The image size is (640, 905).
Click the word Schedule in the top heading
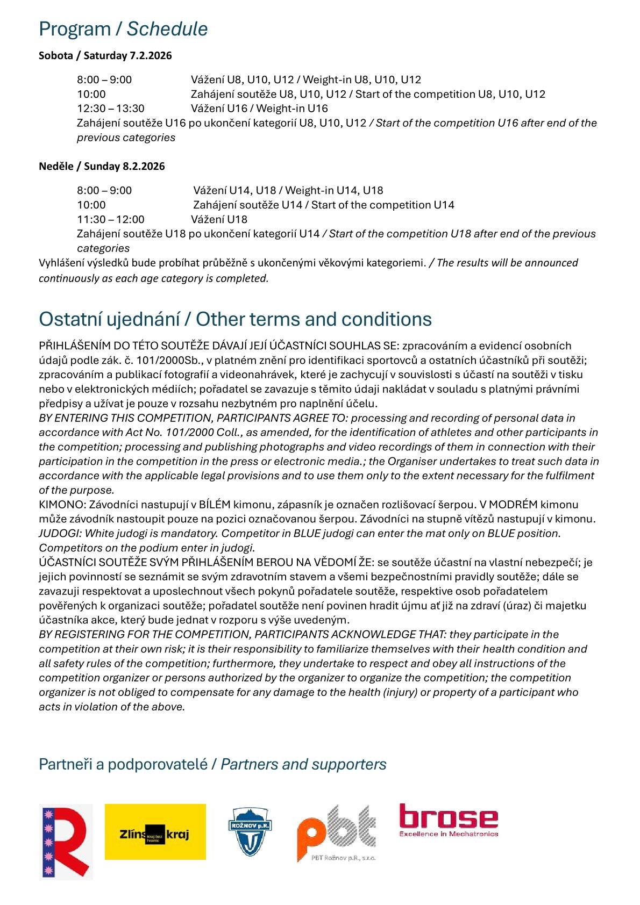pos(167,29)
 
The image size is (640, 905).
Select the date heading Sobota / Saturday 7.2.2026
pos(105,55)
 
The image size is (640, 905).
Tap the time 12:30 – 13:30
pos(110,109)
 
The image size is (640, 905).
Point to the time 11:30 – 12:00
pos(110,219)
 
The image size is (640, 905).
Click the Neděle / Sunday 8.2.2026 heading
pos(102,166)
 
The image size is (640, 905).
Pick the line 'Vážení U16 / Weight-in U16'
pos(259,109)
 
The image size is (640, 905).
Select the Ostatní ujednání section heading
pos(235,319)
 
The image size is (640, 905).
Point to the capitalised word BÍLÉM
pos(215,505)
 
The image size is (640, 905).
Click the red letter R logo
pos(66,842)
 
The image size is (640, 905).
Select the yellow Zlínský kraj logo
pos(155,832)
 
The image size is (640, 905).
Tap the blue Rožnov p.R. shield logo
pos(250,831)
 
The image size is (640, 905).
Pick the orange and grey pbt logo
pos(336,832)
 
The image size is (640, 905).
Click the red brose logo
pos(448,817)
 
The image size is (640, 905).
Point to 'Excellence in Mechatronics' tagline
pos(448,834)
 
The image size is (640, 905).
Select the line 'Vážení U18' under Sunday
pos(219,219)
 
